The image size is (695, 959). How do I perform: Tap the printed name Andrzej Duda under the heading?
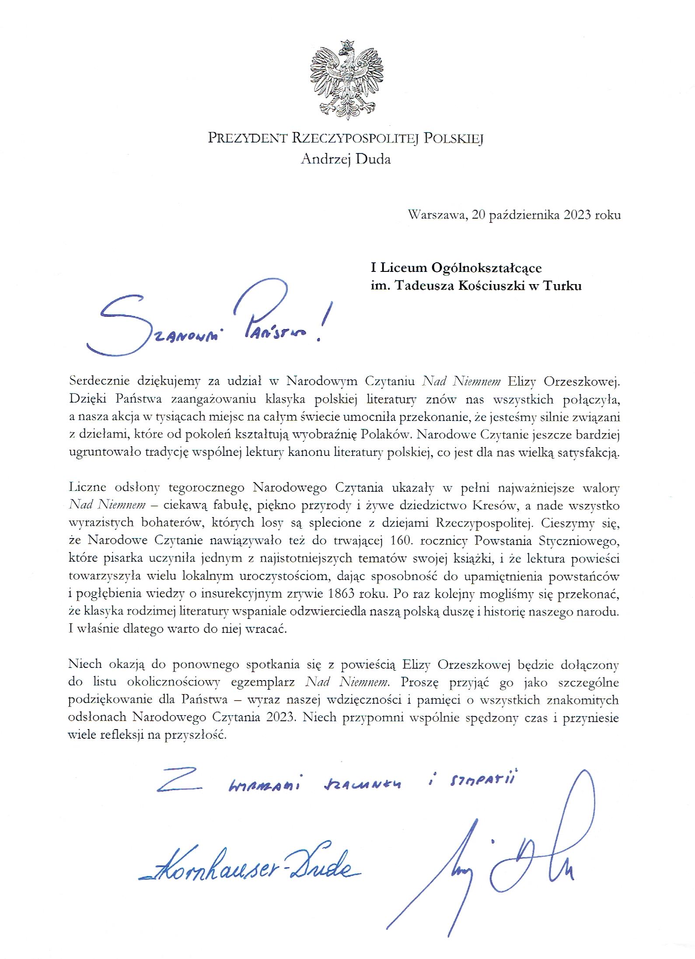(x=346, y=159)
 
